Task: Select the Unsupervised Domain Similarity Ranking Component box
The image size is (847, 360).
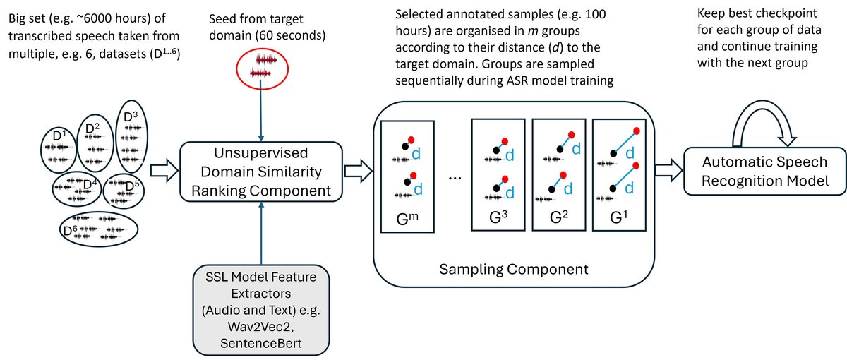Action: [x=262, y=171]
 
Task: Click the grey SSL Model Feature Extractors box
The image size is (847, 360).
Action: [x=261, y=308]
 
